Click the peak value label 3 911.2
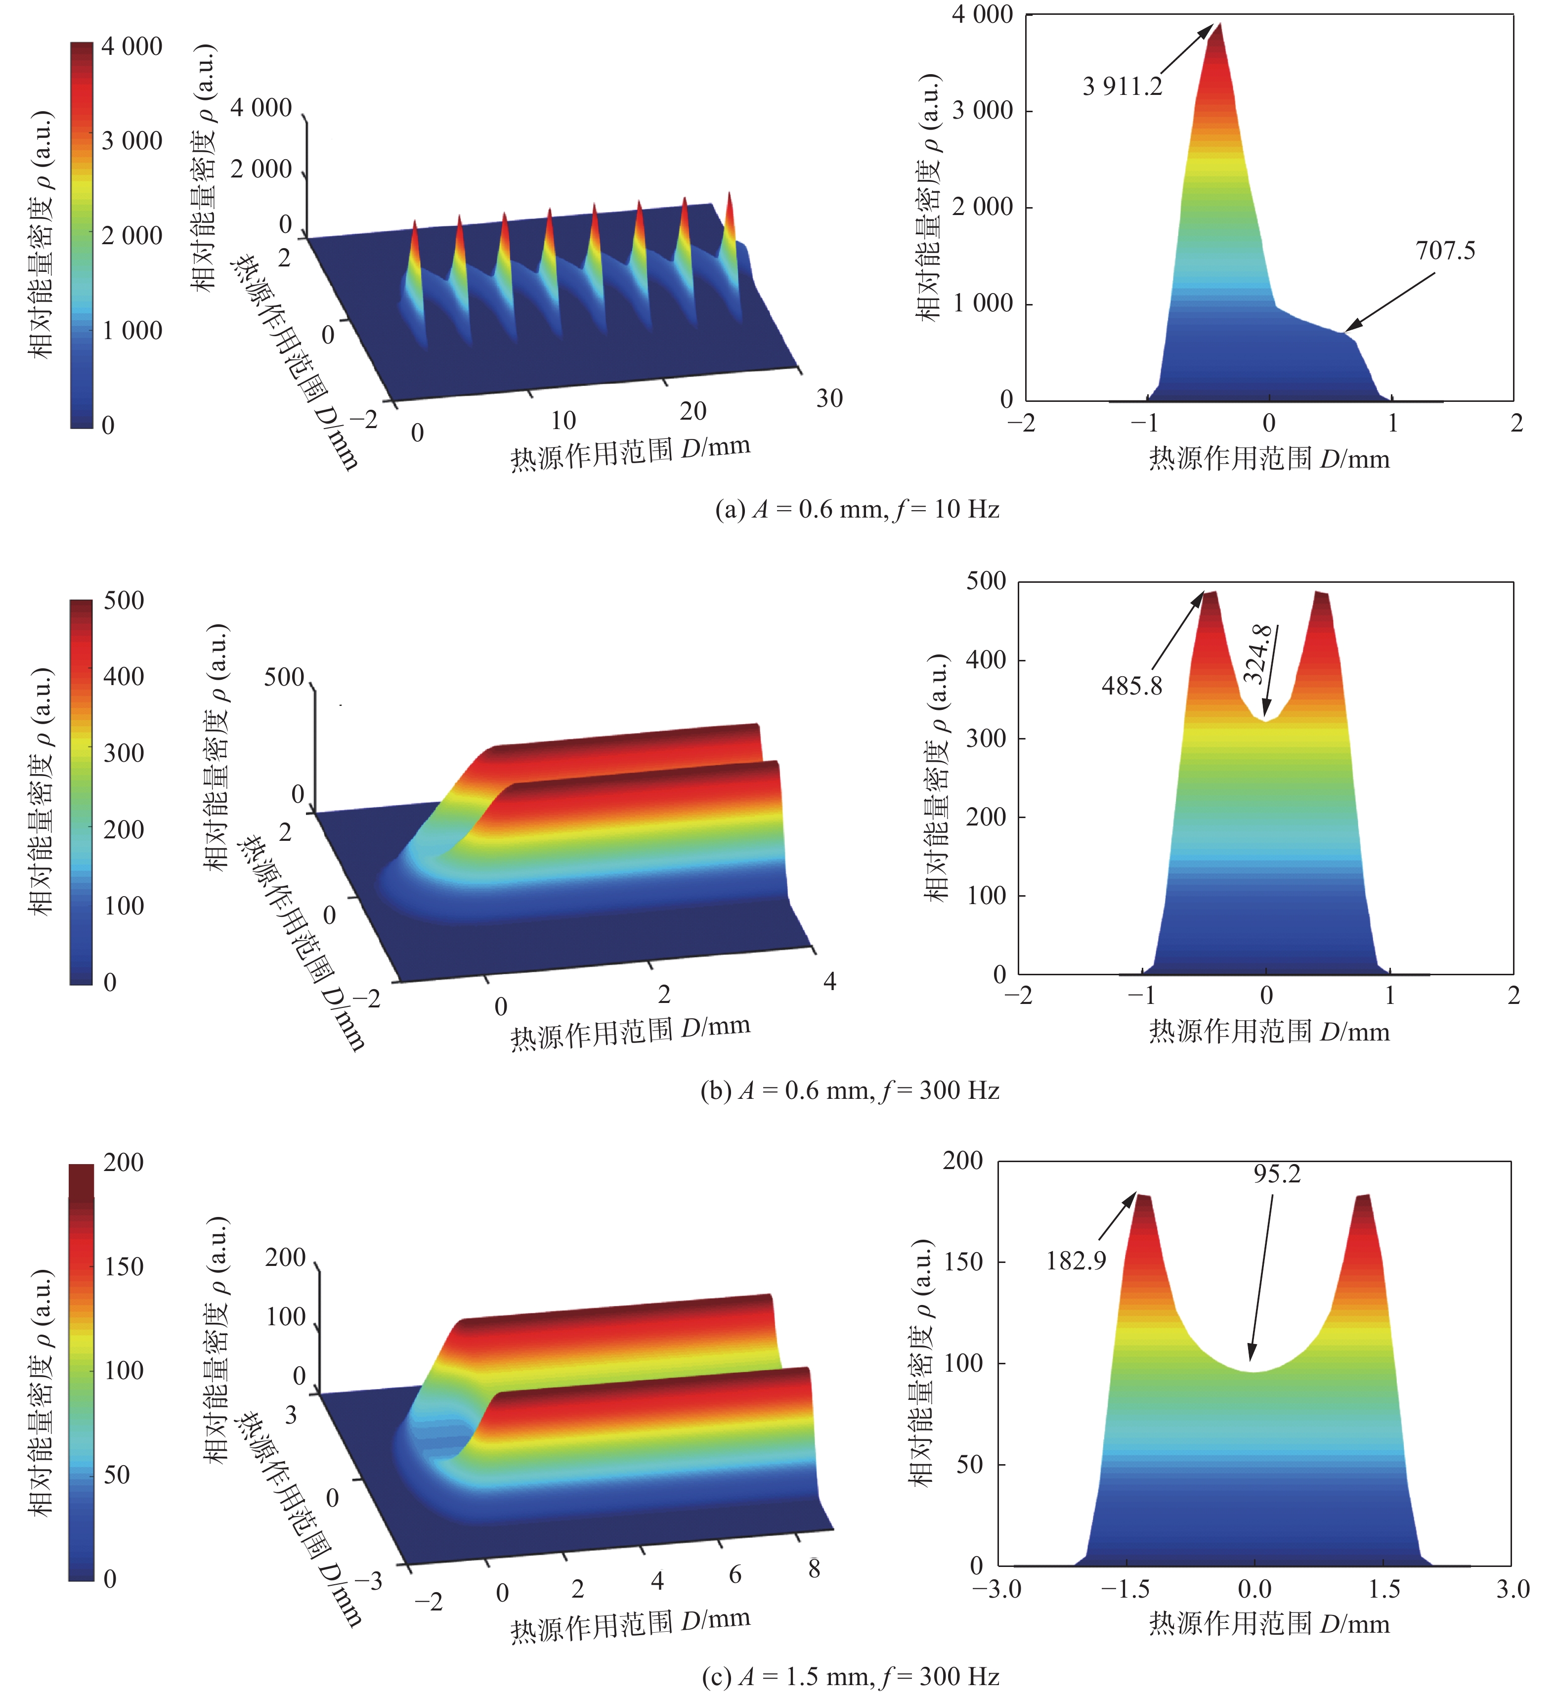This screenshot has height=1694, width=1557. click(1122, 86)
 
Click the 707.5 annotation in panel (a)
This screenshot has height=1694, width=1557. click(1445, 251)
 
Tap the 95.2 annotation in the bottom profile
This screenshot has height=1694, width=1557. click(1276, 1173)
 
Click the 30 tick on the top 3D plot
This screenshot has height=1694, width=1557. click(829, 398)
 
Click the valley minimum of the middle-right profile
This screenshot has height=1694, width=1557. click(1265, 719)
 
